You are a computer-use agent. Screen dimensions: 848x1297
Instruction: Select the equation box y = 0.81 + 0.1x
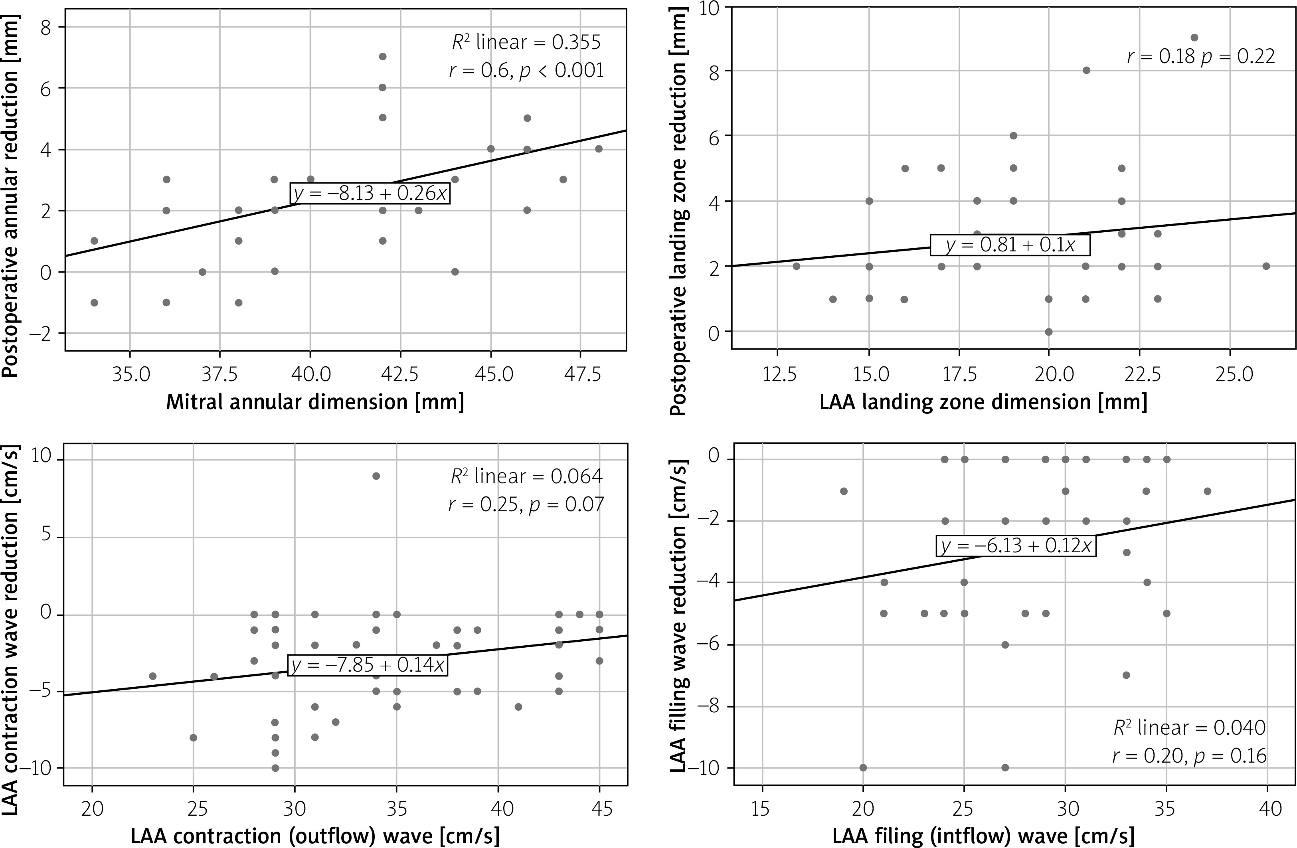tap(1010, 245)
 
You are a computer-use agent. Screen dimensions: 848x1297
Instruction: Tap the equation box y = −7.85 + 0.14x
tap(368, 665)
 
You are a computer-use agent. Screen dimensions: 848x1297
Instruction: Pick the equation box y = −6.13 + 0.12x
tap(1016, 546)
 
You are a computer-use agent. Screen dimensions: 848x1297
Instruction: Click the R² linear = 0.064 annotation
tap(526, 477)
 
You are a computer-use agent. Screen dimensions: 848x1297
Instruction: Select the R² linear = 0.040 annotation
tap(1189, 727)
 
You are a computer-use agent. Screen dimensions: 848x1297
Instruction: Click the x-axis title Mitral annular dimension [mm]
tap(315, 402)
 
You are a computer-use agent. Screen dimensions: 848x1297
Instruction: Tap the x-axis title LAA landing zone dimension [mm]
tap(983, 402)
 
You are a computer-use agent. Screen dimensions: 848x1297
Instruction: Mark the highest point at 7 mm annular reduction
tap(383, 57)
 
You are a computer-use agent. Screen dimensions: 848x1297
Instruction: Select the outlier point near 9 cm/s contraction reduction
tap(376, 476)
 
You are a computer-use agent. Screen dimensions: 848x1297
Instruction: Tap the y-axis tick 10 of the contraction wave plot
tap(40, 459)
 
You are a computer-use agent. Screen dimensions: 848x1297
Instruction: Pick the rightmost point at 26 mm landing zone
tap(1266, 266)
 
